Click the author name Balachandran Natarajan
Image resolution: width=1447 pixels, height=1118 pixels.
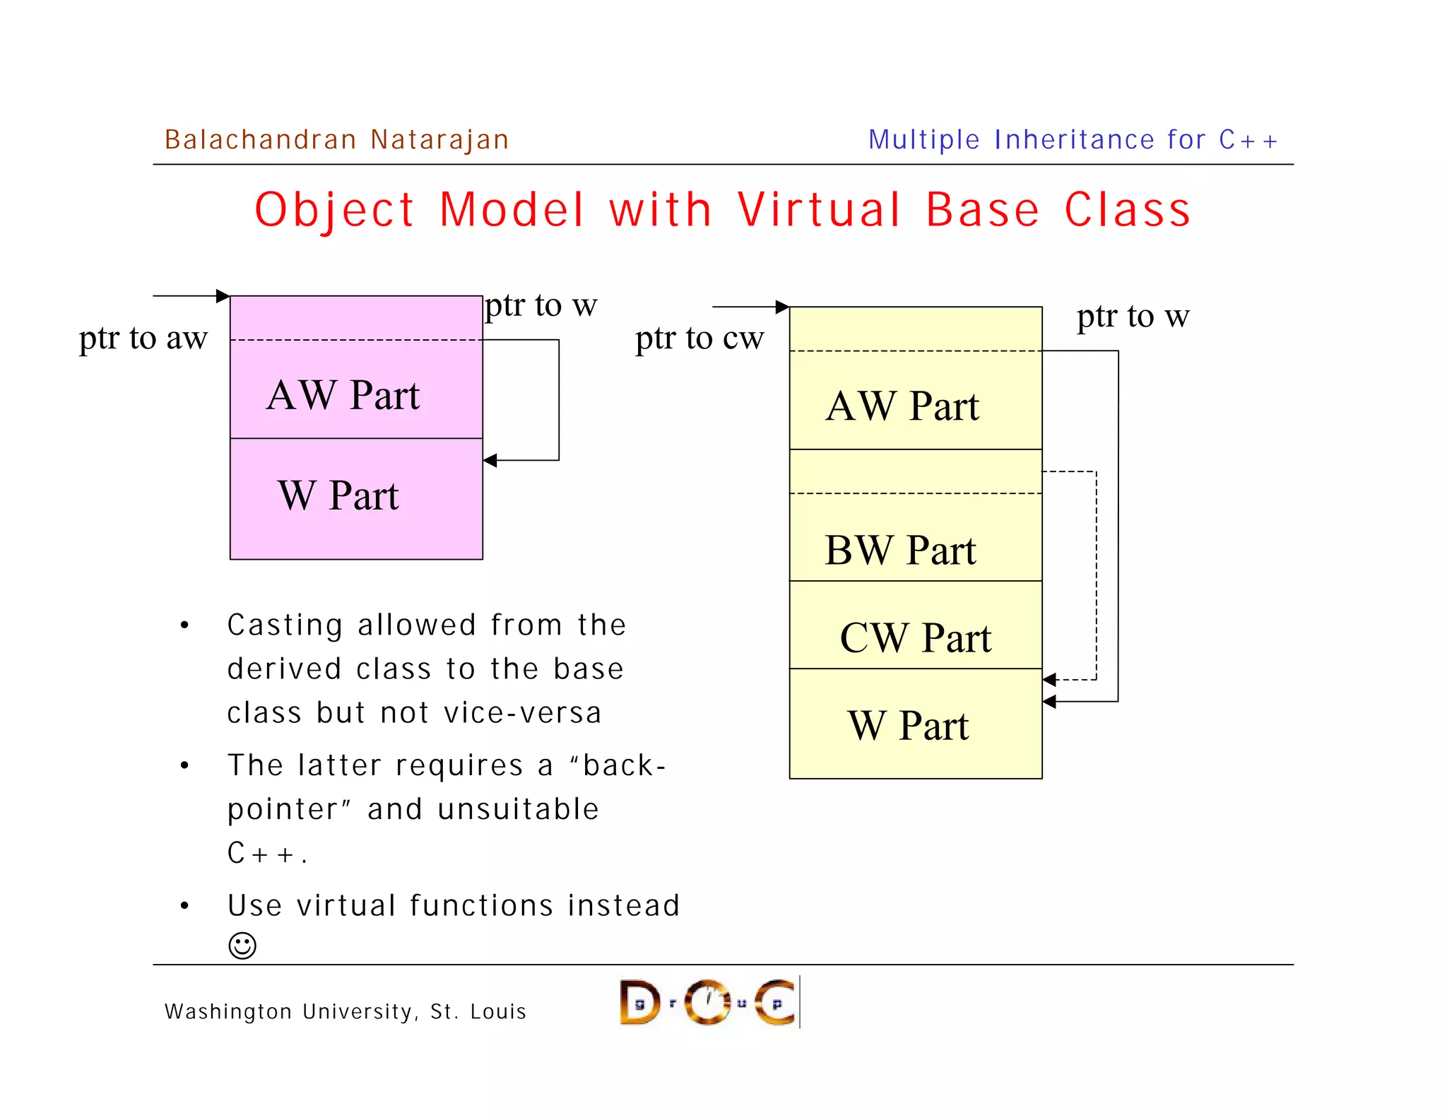[x=336, y=140]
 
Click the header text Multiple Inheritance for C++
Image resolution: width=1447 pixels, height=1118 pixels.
[x=1073, y=140]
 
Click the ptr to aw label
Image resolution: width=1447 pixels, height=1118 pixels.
[x=143, y=338]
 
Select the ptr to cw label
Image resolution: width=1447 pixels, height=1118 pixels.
[x=699, y=338]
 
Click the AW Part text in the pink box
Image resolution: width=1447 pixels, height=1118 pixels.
[x=343, y=395]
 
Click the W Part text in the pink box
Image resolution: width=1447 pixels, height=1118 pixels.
[x=338, y=495]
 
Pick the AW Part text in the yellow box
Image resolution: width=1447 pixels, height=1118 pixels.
[x=902, y=406]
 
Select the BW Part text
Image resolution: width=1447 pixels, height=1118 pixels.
[x=900, y=551]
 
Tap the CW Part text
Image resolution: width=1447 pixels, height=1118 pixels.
[x=916, y=638]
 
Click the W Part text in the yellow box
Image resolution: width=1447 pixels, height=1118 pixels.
[x=909, y=726]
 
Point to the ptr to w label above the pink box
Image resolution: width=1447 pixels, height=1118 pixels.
[x=541, y=306]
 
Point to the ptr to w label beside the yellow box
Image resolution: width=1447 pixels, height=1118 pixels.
[x=1133, y=317]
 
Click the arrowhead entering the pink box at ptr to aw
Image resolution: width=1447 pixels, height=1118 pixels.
[x=223, y=296]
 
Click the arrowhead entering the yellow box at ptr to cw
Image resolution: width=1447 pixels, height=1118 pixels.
[x=782, y=307]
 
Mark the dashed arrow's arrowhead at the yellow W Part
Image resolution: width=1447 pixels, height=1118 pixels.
[x=1050, y=680]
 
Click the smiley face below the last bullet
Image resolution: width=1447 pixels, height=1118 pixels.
[x=242, y=946]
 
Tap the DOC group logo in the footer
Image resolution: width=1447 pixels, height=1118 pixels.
[x=709, y=1002]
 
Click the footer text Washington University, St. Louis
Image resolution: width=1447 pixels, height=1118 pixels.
[x=345, y=1012]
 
